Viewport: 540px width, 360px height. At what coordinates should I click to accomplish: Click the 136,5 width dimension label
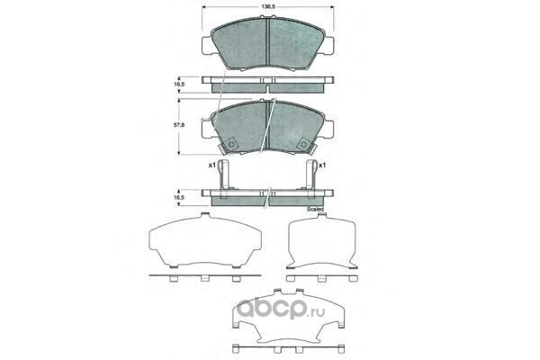coord(267,6)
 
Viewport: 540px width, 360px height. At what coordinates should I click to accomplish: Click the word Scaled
coord(315,209)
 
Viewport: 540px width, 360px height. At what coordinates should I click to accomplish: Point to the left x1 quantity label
coord(211,165)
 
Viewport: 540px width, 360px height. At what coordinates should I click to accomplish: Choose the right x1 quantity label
coord(321,166)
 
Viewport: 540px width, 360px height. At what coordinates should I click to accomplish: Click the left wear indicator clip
coord(223,179)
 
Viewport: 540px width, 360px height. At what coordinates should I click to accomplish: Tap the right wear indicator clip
coord(311,179)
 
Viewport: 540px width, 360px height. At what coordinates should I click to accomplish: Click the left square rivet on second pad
coord(230,144)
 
